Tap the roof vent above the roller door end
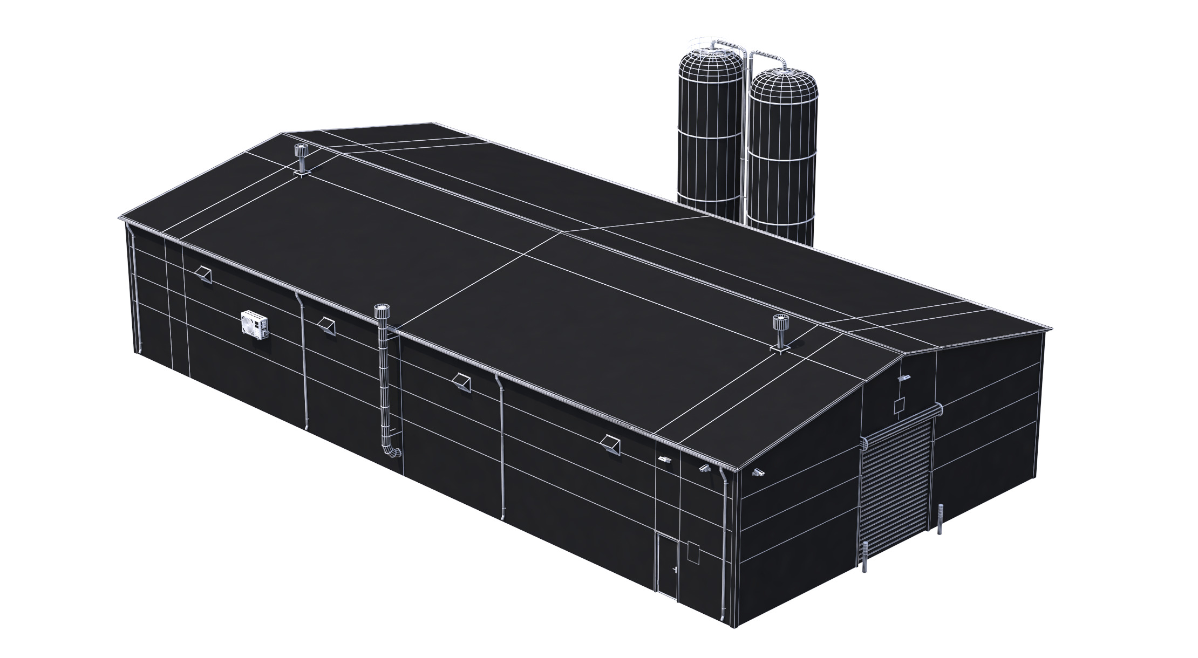[780, 332]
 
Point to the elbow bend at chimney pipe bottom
[392, 451]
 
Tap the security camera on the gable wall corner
[759, 472]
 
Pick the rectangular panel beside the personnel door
[693, 553]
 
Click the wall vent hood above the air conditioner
[205, 273]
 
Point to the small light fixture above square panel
[903, 378]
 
